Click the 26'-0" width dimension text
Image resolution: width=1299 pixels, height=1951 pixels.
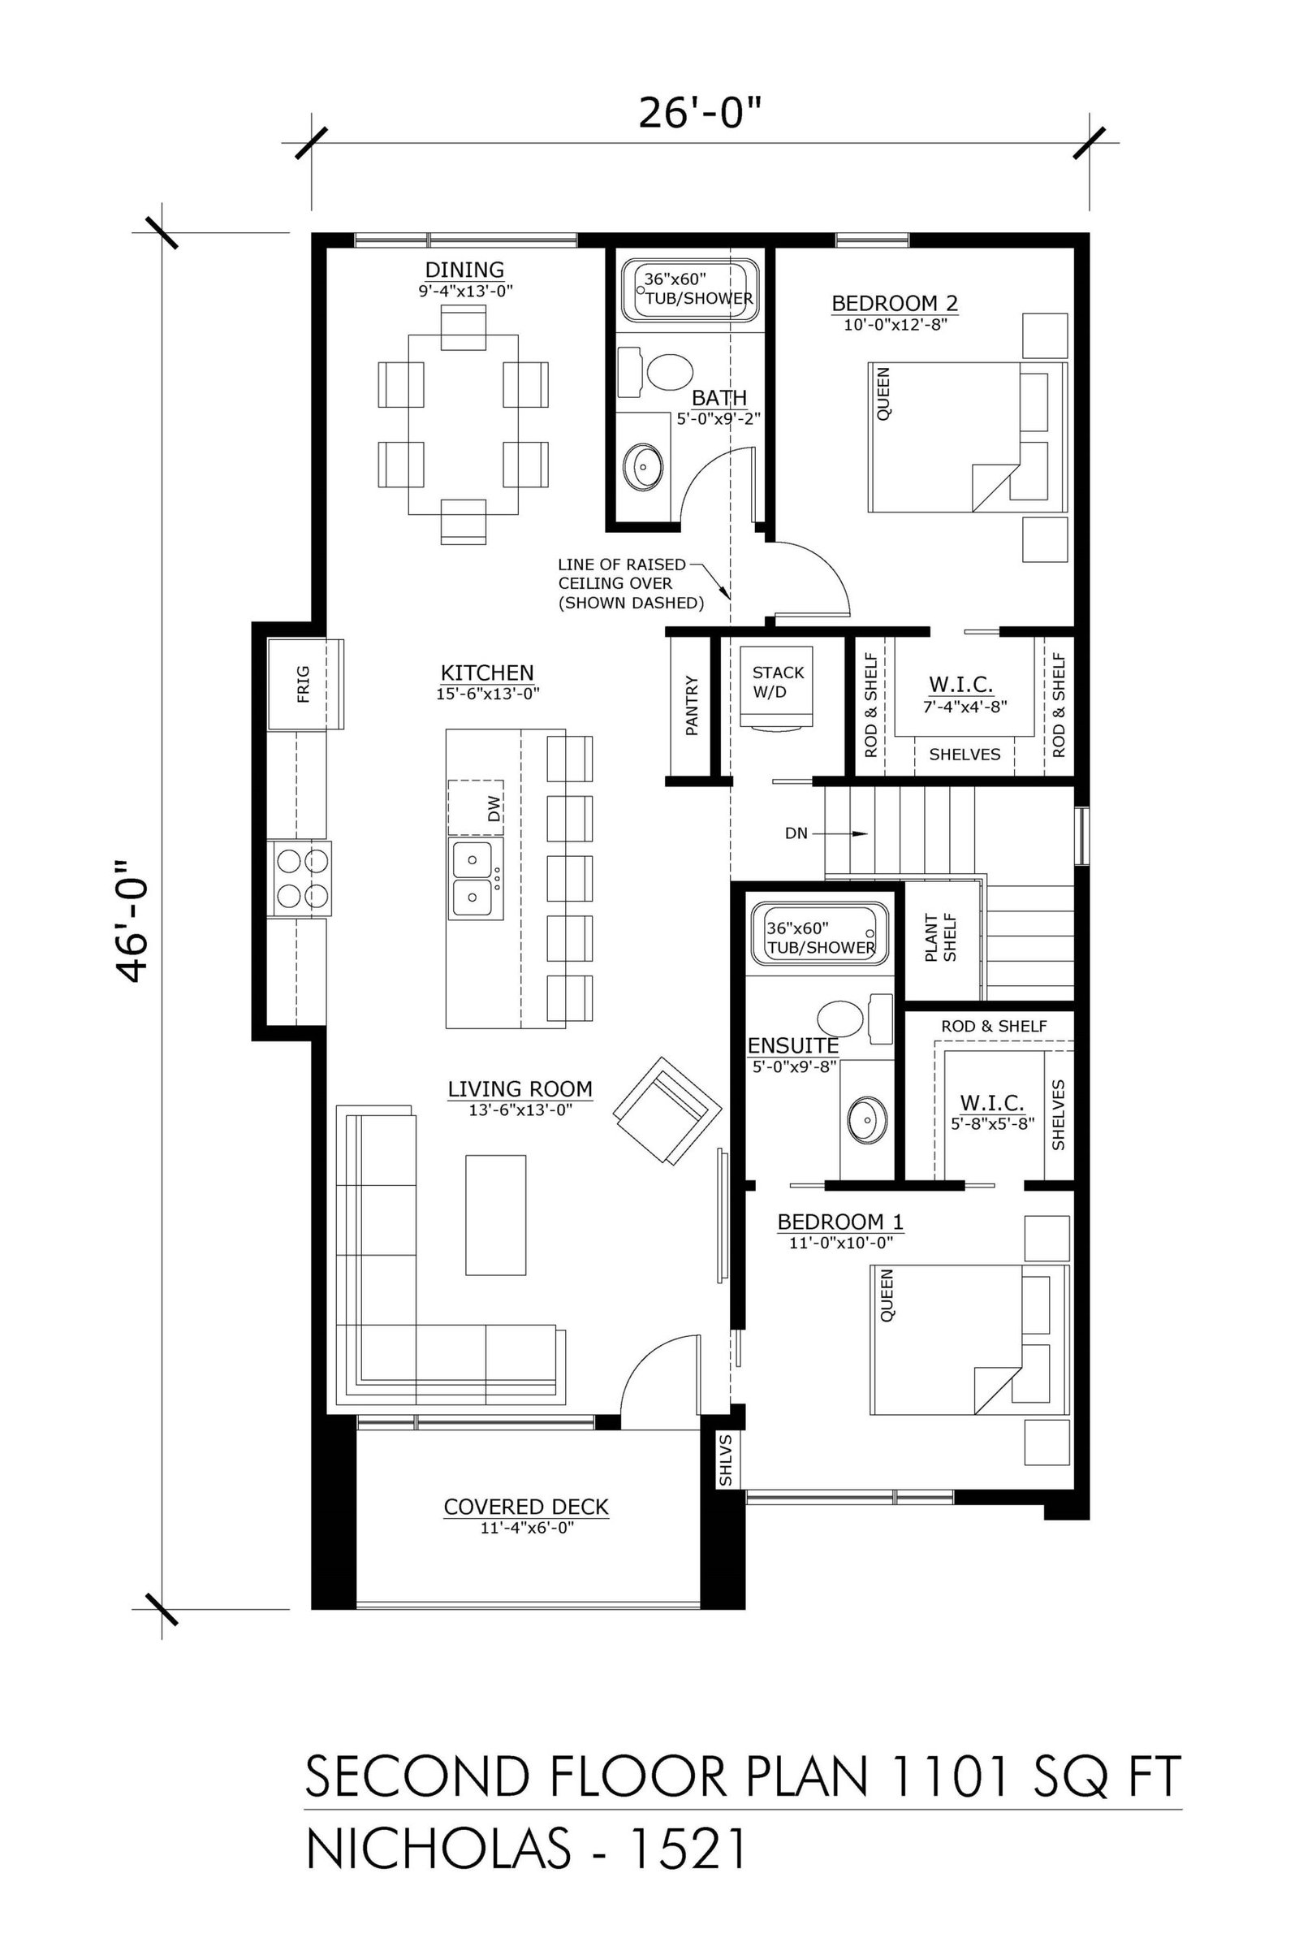pos(699,114)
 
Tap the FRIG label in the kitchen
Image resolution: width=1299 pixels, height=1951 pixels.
pos(303,684)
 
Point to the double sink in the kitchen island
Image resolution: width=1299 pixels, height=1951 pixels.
pos(477,878)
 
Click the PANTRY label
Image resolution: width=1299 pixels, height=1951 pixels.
pos(692,706)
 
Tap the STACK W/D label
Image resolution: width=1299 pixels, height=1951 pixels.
pos(778,681)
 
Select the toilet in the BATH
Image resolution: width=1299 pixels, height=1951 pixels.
pos(655,372)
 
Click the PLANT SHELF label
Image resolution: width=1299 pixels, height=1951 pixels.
pos(941,938)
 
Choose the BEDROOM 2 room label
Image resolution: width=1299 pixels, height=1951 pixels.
pos(895,303)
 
